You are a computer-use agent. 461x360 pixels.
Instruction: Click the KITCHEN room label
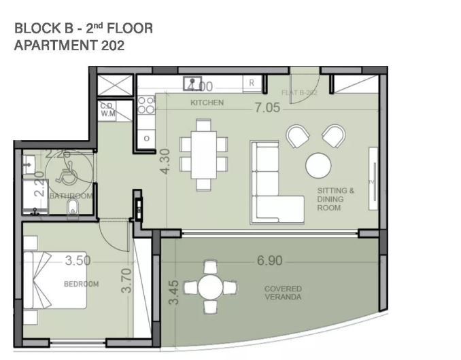click(207, 103)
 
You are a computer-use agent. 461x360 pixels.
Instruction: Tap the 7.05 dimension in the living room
click(267, 107)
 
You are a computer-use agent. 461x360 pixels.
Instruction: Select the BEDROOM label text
click(82, 284)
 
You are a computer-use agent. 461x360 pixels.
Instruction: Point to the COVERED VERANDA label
click(283, 293)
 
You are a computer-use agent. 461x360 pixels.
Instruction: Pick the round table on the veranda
click(211, 287)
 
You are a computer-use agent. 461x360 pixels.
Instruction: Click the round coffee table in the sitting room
click(318, 165)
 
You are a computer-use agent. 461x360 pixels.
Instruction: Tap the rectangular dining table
click(203, 155)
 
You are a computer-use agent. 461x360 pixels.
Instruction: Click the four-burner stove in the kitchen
click(146, 105)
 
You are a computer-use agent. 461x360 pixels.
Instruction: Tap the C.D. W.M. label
click(107, 110)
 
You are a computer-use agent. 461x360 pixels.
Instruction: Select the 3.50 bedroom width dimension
click(78, 260)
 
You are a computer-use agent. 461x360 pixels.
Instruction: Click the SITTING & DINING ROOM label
click(335, 199)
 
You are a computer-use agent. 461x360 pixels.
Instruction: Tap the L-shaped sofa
click(271, 193)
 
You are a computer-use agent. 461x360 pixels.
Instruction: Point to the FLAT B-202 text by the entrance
click(300, 92)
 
